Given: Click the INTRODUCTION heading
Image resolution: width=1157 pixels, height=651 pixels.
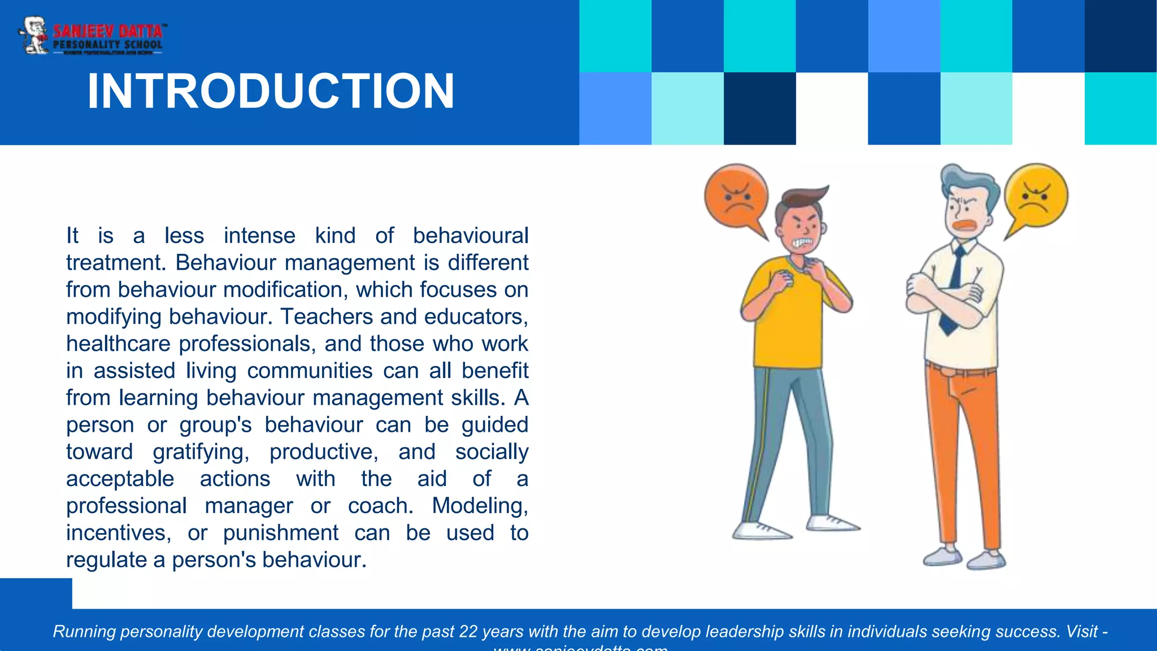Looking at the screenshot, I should click(x=271, y=91).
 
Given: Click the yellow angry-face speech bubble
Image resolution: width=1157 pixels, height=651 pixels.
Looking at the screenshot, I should click(x=1036, y=196).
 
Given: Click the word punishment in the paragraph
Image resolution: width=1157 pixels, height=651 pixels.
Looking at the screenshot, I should click(x=280, y=533).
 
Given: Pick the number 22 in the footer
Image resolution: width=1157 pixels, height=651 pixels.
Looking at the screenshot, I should click(x=468, y=631).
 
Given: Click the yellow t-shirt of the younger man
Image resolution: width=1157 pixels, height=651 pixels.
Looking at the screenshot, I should click(x=788, y=322).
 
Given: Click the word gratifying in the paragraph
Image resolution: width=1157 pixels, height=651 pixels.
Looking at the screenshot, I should click(x=201, y=452).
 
